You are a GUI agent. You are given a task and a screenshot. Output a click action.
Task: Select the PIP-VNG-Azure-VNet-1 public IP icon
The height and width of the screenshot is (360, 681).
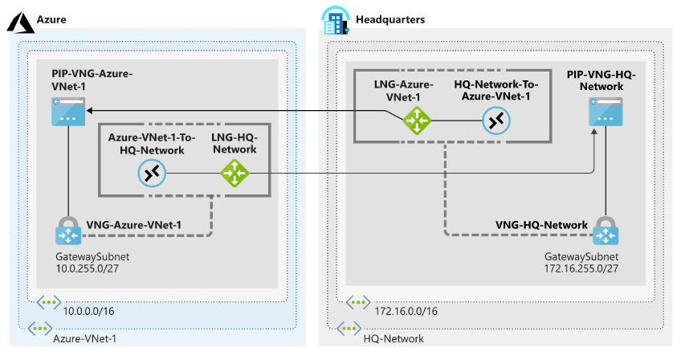(67, 112)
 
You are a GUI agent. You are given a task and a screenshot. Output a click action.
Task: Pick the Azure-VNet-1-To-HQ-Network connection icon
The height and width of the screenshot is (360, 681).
(150, 172)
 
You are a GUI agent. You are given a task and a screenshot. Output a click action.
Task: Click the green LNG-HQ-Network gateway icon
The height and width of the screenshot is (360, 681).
(234, 172)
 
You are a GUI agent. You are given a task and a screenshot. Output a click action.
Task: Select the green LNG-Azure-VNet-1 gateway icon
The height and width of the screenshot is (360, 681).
(417, 121)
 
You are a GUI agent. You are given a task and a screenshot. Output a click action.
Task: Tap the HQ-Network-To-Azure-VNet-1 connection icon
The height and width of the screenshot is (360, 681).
(496, 121)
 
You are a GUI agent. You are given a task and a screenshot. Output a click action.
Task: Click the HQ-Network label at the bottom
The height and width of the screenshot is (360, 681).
(394, 338)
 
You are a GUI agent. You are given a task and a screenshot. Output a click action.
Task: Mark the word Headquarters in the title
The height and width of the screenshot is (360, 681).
(391, 18)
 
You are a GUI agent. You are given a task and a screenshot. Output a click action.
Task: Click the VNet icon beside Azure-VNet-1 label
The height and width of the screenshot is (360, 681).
(37, 329)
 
